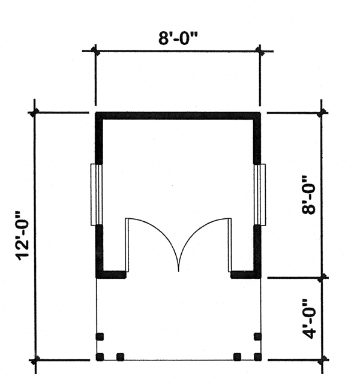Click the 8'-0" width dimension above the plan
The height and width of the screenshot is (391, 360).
(178, 38)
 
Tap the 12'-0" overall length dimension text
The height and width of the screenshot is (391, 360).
(23, 236)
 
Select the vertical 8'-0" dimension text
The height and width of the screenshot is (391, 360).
(308, 195)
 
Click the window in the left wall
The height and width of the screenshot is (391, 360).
(97, 194)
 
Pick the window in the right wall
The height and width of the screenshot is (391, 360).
(260, 194)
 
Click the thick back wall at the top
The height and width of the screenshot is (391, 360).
(178, 116)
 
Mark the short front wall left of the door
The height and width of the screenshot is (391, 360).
(111, 274)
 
